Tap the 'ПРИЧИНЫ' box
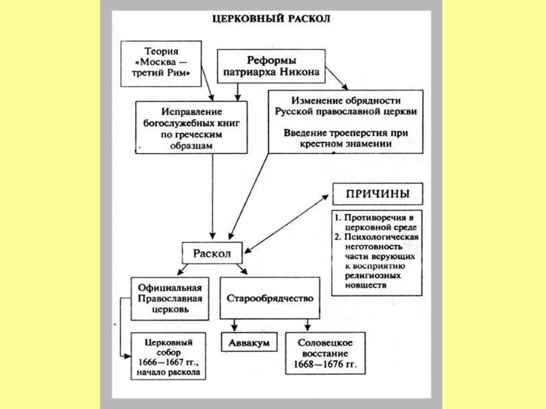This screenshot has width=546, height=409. click(377, 194)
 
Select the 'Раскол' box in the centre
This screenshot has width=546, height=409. click(212, 252)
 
